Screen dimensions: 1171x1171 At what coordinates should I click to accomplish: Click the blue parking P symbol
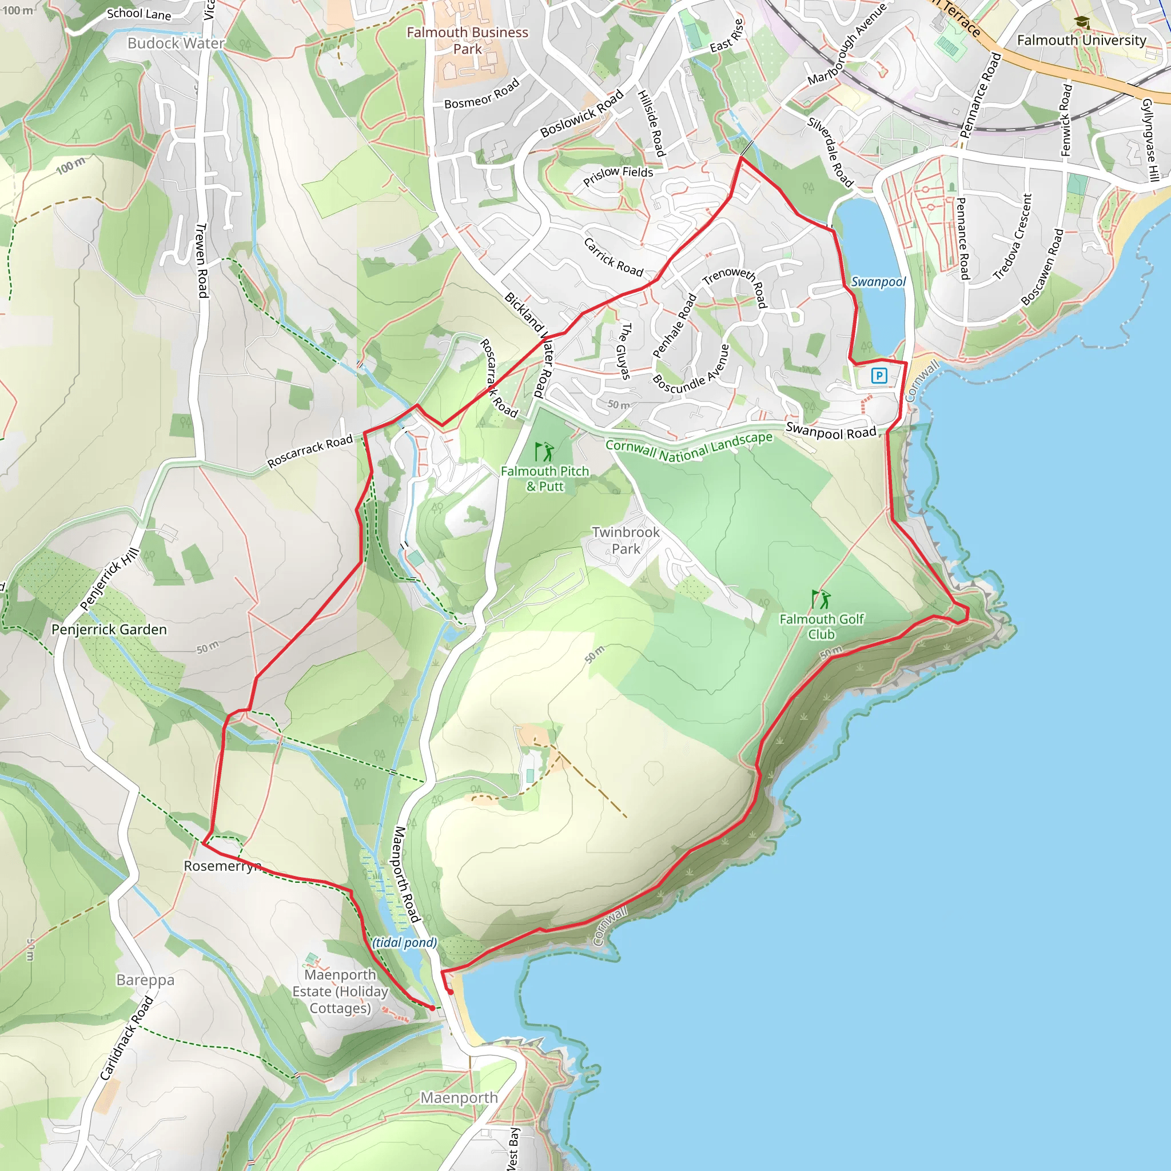point(879,376)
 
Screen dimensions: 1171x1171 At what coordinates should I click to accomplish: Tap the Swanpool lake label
point(878,282)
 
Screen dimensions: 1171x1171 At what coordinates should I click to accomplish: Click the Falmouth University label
point(1081,41)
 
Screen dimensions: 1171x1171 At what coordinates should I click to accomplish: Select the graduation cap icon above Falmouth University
point(1081,22)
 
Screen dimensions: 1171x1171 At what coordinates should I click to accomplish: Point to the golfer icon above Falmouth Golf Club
point(821,599)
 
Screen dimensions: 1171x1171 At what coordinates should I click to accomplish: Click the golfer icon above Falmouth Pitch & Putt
point(544,452)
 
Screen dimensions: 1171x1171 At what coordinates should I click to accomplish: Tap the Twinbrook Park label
point(626,540)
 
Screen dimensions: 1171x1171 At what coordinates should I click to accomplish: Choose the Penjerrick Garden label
point(109,629)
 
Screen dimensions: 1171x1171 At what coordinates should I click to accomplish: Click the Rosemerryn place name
point(222,866)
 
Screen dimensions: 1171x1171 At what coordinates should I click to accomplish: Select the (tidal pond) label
point(404,942)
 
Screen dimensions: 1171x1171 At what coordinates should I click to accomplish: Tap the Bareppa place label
point(145,980)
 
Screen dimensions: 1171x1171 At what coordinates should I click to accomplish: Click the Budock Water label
point(176,43)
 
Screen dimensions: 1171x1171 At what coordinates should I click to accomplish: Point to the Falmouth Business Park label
point(467,41)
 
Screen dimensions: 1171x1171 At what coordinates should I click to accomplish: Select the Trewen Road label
point(202,261)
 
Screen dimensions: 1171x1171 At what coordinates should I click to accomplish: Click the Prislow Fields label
point(618,176)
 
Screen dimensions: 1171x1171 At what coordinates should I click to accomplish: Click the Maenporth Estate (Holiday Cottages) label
point(340,991)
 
